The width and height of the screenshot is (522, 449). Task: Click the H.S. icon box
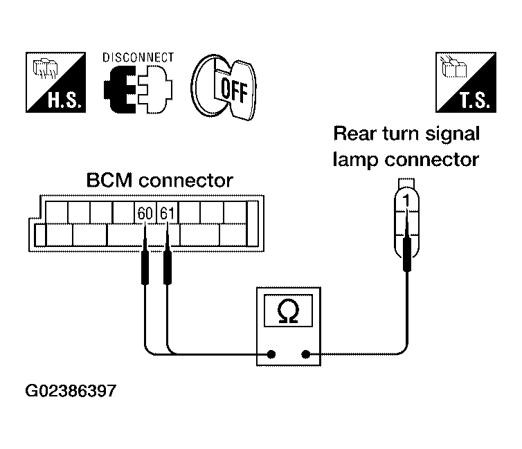click(x=55, y=82)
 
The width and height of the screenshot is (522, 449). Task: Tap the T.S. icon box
click(x=466, y=82)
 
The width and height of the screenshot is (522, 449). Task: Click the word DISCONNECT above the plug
click(x=138, y=57)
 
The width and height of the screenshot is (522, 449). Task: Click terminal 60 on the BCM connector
click(x=145, y=213)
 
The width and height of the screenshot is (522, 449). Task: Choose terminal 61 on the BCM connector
click(x=167, y=213)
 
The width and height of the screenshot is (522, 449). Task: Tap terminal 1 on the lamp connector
click(x=406, y=201)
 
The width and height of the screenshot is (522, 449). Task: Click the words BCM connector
click(x=159, y=181)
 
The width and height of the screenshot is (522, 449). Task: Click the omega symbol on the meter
click(x=288, y=311)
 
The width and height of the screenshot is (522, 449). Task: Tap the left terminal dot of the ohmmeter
click(x=271, y=354)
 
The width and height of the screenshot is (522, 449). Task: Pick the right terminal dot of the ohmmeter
click(x=305, y=354)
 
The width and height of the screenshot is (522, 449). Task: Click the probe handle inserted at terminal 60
click(x=145, y=268)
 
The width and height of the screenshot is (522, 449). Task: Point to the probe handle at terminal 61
click(x=168, y=268)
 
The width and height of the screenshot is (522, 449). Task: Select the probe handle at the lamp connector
click(x=407, y=255)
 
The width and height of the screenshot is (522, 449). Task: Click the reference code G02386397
click(x=71, y=391)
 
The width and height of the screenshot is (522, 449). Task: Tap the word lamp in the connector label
click(x=356, y=160)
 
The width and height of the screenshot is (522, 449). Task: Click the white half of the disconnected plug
click(x=155, y=89)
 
